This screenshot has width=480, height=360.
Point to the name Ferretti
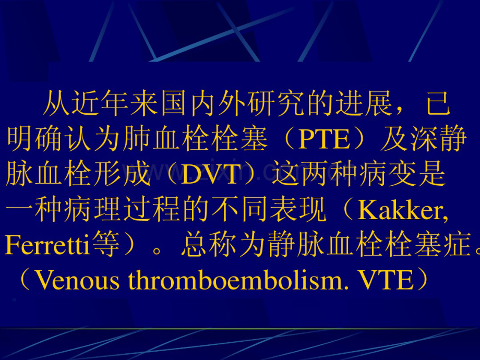[x=47, y=246]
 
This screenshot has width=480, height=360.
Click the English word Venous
[x=78, y=281]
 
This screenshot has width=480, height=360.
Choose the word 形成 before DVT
[x=137, y=175]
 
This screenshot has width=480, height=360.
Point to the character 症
[x=459, y=246]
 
